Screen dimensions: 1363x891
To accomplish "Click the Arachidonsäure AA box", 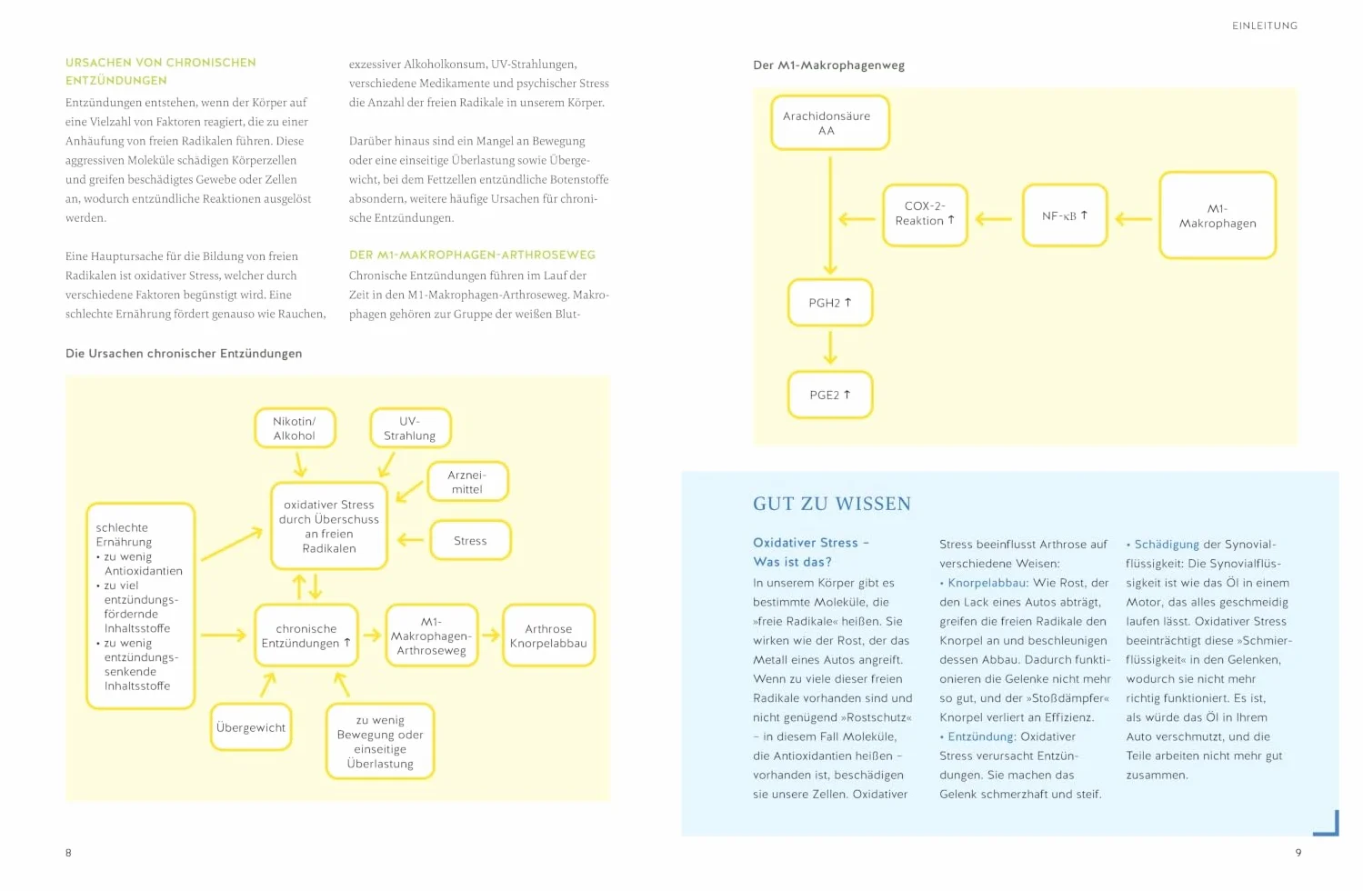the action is coord(829,123).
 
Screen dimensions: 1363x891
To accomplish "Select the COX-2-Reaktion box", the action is coord(925,215).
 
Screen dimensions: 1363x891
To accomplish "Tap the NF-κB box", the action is coord(1064,215).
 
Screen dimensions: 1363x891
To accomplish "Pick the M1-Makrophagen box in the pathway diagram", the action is coord(1217,215).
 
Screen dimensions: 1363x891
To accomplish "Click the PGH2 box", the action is coord(830,303).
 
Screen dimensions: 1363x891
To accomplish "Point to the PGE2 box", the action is coord(830,395).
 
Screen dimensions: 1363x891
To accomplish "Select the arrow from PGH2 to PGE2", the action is coord(830,348).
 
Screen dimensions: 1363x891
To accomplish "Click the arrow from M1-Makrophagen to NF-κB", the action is coord(1133,218).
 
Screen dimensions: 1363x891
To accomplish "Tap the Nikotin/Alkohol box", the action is coord(295,428).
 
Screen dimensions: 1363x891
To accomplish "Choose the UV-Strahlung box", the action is coord(410,428).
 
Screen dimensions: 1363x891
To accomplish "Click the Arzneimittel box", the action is coord(467,481).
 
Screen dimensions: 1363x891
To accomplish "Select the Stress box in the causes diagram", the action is coord(470,540).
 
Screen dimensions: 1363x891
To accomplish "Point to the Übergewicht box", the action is coord(251,727).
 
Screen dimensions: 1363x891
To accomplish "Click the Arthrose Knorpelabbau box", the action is coord(548,636).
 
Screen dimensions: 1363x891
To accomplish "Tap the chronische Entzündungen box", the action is coord(306,636).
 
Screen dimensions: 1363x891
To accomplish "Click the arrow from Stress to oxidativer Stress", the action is coord(410,540).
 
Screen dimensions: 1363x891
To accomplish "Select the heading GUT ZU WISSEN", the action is coord(832,504).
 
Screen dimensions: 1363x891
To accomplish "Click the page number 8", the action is coord(68,853).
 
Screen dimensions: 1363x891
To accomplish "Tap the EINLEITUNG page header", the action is coord(1265,25).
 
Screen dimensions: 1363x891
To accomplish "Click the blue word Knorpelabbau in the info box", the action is coord(987,583).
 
